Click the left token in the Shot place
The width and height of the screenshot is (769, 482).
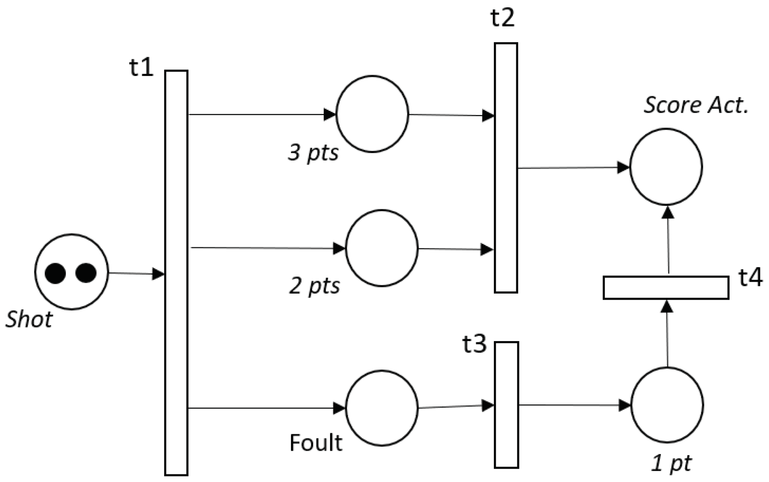pyautogui.click(x=55, y=273)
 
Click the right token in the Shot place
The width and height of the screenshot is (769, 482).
pyautogui.click(x=86, y=273)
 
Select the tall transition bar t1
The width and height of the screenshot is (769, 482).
pyautogui.click(x=176, y=272)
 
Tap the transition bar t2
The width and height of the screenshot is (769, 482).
pyautogui.click(x=506, y=168)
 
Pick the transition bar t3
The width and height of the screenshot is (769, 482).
pyautogui.click(x=506, y=405)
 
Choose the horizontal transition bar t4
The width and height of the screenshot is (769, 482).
pyautogui.click(x=666, y=287)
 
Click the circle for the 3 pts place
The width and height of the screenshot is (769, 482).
pyautogui.click(x=372, y=114)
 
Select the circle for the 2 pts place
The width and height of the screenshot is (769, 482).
pyautogui.click(x=382, y=248)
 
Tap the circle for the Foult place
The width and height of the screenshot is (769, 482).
pyautogui.click(x=382, y=408)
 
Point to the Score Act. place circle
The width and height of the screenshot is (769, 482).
pyautogui.click(x=666, y=166)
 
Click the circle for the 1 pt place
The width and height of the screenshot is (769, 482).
pyautogui.click(x=667, y=404)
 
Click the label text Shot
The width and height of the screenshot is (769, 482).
pyautogui.click(x=29, y=320)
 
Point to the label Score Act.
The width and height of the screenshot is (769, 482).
pyautogui.click(x=696, y=105)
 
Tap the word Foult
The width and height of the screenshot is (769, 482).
pyautogui.click(x=316, y=443)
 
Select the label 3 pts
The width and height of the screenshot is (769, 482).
pyautogui.click(x=313, y=153)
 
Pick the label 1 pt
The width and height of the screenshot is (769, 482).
pyautogui.click(x=671, y=463)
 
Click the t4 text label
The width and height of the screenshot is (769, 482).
pyautogui.click(x=750, y=278)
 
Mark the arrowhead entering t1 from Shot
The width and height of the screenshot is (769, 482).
pyautogui.click(x=159, y=274)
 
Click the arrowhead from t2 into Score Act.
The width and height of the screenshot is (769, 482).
pyautogui.click(x=623, y=167)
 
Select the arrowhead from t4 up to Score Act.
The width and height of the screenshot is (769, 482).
pyautogui.click(x=668, y=212)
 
